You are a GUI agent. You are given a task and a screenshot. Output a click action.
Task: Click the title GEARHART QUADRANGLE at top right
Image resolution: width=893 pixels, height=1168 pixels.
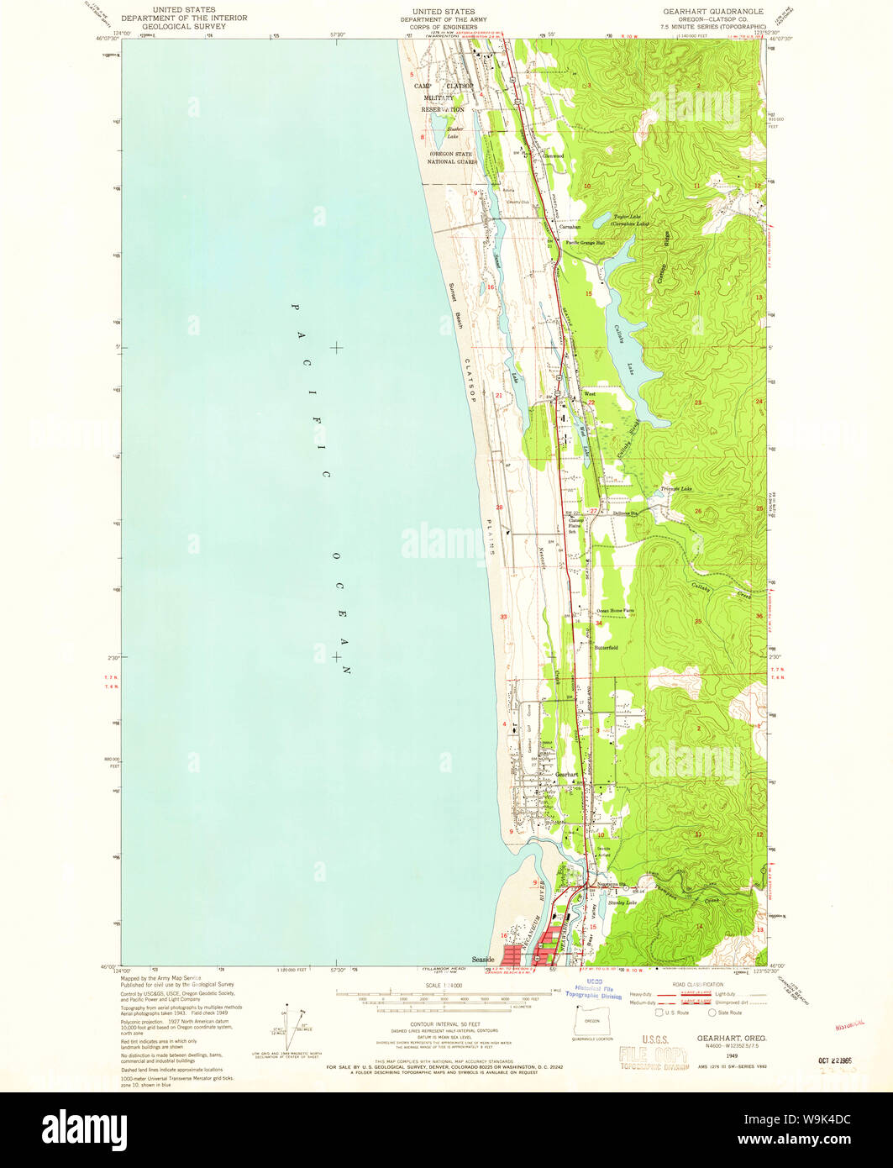click(x=724, y=11)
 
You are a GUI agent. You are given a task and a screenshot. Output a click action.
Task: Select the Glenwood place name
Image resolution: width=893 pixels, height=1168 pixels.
click(x=553, y=156)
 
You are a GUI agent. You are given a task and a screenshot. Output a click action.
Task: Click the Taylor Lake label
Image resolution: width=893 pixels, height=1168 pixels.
click(x=631, y=217)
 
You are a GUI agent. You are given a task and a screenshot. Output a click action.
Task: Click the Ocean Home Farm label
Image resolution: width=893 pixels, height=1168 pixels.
click(x=615, y=611)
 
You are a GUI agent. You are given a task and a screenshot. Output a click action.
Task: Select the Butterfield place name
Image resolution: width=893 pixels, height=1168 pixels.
click(x=607, y=648)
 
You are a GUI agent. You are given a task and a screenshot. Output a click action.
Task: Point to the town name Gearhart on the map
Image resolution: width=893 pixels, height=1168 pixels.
click(x=568, y=774)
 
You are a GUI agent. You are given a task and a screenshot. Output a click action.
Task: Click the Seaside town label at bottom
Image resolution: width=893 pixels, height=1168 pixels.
click(x=483, y=958)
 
